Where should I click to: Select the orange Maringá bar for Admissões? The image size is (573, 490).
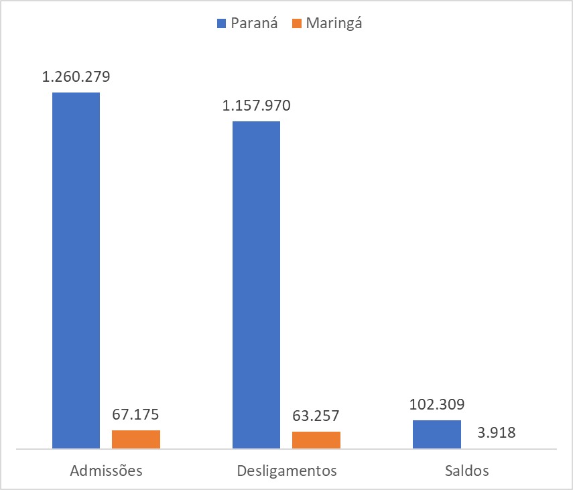(135, 439)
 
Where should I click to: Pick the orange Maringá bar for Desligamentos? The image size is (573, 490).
(316, 440)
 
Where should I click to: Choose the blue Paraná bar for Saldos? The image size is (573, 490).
(436, 434)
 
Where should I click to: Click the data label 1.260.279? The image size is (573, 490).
(76, 77)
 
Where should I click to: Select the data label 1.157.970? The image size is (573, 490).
(256, 106)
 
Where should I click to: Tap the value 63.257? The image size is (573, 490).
(316, 416)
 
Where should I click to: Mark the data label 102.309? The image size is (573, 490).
(437, 405)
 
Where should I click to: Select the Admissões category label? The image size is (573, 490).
(107, 470)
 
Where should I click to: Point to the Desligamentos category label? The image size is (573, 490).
(287, 470)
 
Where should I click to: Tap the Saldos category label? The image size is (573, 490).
(466, 470)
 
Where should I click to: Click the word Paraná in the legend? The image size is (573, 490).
(254, 23)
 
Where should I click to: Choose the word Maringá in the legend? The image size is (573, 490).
(334, 23)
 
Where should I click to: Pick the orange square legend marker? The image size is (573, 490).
(296, 23)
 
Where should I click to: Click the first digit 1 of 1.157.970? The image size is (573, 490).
(226, 106)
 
